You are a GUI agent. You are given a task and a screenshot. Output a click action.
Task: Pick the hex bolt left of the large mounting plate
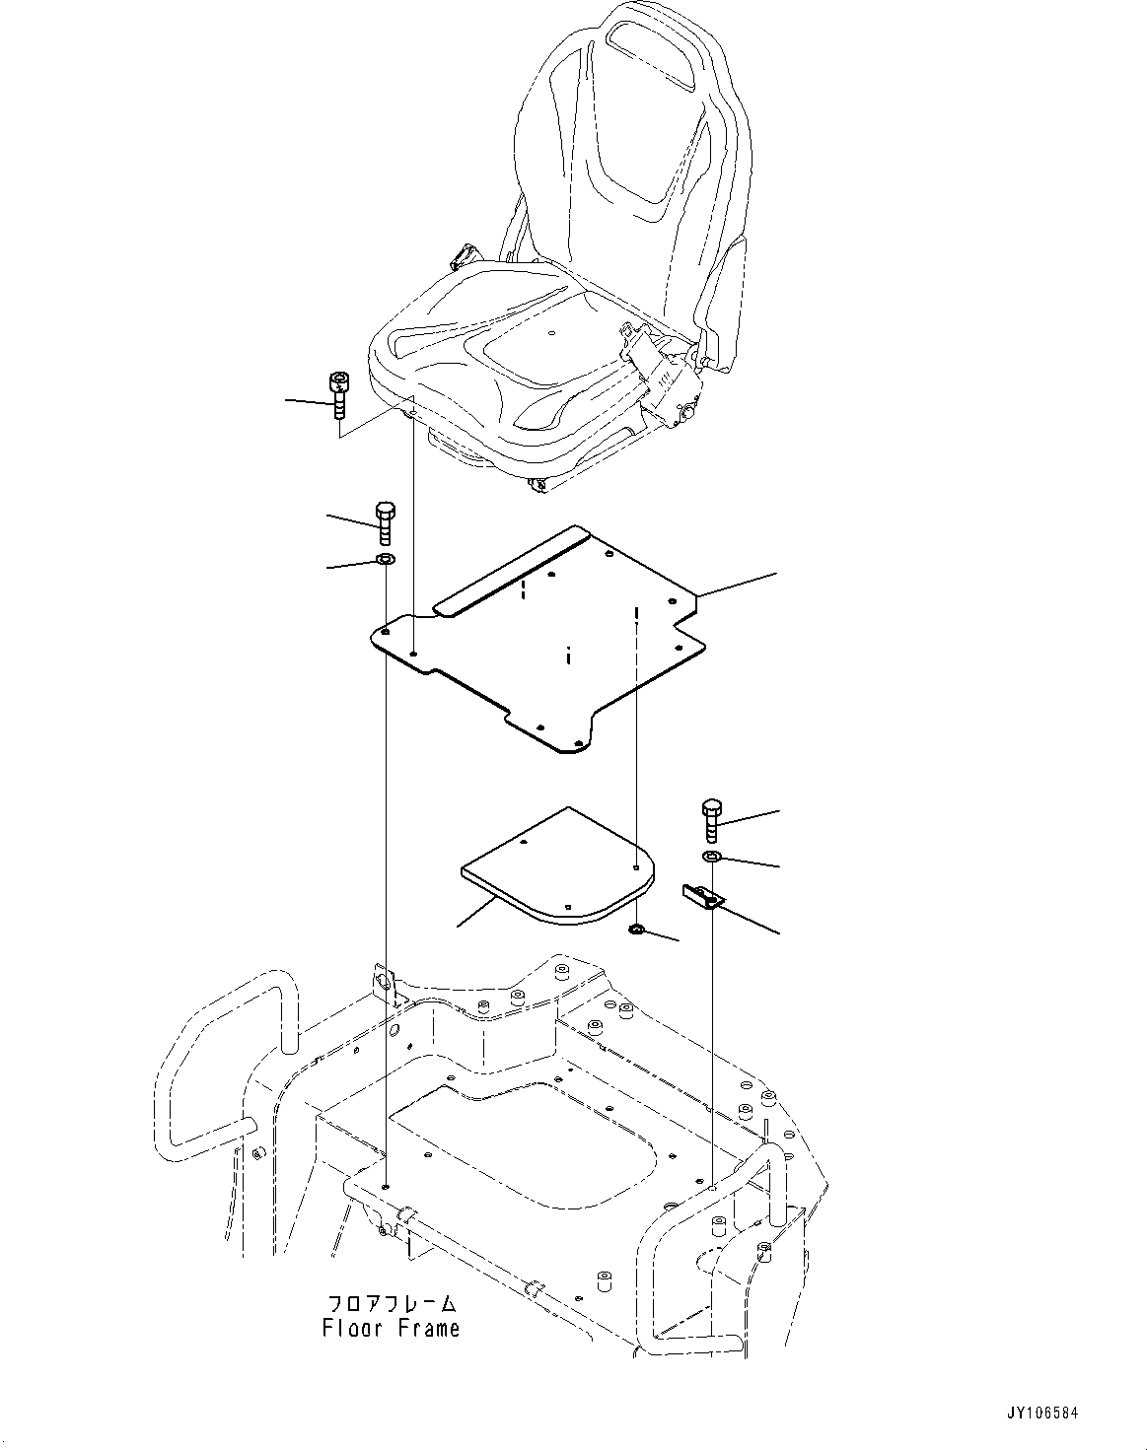pos(385,522)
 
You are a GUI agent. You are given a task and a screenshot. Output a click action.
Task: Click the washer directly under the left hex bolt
pos(385,561)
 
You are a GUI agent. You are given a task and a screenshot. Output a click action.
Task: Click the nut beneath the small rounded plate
pos(638,929)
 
